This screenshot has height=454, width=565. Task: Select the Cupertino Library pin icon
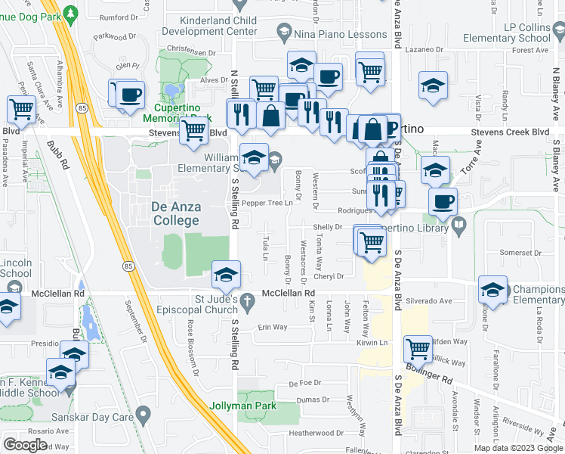point(458,225)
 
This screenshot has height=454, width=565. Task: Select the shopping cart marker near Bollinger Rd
point(418,350)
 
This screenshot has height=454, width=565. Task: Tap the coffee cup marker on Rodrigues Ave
point(443,201)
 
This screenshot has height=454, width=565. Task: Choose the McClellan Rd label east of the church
point(288,293)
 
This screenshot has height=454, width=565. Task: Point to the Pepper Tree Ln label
point(267,204)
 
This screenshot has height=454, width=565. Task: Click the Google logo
point(26,444)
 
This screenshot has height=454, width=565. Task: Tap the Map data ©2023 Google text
point(518,448)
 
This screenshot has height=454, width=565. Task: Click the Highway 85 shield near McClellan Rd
point(128,266)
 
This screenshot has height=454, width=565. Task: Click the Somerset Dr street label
point(517,252)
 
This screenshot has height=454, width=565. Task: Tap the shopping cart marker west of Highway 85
point(20,110)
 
